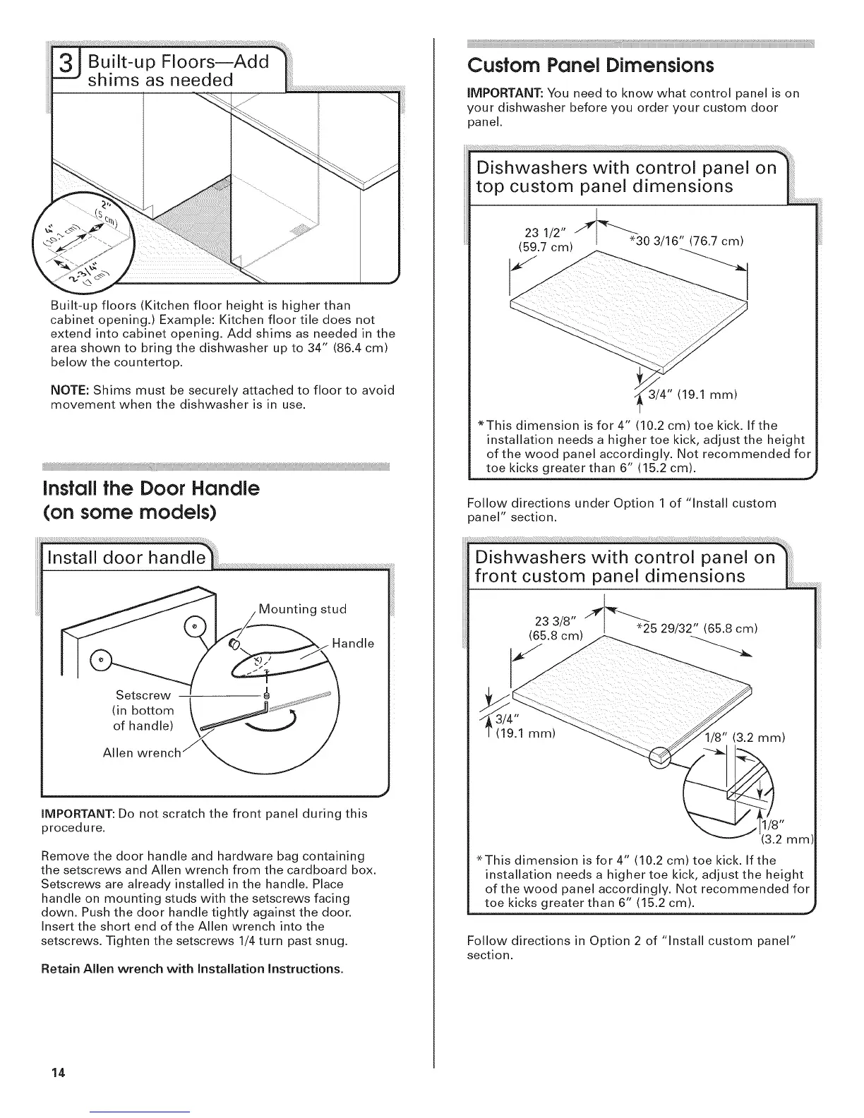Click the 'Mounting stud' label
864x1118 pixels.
(x=302, y=609)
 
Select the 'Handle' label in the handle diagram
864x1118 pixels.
(x=352, y=643)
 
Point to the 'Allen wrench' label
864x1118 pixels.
(x=141, y=752)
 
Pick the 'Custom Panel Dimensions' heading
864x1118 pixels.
(x=591, y=66)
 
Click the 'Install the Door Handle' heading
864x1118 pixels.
(x=151, y=488)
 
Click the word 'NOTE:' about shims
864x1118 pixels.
(x=69, y=390)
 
